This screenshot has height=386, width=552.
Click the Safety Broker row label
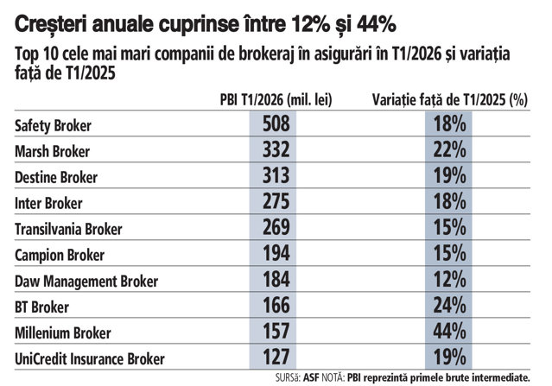pos(53,125)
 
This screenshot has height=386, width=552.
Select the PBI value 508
pos(276,123)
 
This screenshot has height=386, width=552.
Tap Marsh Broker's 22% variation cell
pos(449,149)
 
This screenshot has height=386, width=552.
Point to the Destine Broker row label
pos(56,177)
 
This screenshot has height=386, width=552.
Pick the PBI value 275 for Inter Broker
pos(276,201)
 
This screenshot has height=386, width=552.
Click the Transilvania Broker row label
pos(68,229)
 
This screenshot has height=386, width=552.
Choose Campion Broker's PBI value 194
pos(276,253)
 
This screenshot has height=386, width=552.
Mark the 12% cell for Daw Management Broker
pos(449,279)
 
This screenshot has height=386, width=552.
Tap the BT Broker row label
pos(41,307)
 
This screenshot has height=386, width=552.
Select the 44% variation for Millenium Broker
pos(449,331)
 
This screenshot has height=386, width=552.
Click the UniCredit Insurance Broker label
pos(90,359)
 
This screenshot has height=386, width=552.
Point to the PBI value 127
pos(276,357)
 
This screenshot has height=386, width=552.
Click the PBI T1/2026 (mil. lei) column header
pos(276,100)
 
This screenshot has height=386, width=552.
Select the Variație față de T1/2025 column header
pos(450,100)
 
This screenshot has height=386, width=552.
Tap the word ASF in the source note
pos(311,378)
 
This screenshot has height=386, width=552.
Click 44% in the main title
pos(377,24)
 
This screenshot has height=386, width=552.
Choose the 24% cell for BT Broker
pos(449,305)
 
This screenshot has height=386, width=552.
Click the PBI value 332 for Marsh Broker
pos(276,149)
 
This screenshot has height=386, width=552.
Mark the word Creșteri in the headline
pos(48,25)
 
